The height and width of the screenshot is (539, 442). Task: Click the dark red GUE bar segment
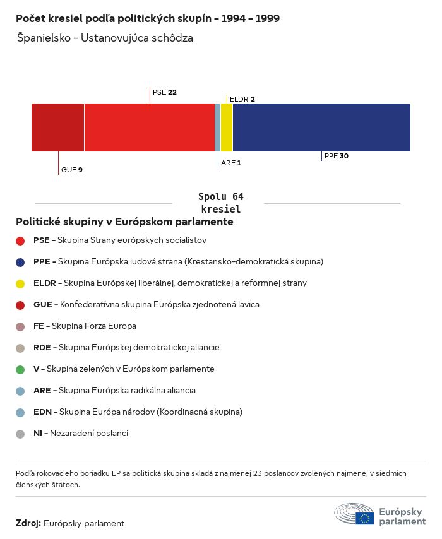coord(57,127)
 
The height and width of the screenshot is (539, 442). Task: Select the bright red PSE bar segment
coord(149,127)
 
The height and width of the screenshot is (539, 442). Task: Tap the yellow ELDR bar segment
coord(227,127)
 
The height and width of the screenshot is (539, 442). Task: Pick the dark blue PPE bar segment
coord(321,127)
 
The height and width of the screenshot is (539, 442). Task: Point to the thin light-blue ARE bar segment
coord(218,127)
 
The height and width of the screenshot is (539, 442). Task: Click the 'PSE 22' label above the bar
coord(164,92)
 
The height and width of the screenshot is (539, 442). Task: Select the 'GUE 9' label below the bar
coord(71,170)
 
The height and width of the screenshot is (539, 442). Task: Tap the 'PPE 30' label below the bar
coord(336,156)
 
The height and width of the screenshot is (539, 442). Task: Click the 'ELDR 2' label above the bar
coord(242,99)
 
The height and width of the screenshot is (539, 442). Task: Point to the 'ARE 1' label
coord(230,163)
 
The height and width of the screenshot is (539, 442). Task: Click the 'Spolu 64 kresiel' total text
coord(220,203)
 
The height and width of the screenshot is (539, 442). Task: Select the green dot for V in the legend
coord(20,369)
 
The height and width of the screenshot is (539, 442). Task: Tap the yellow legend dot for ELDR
coord(20,283)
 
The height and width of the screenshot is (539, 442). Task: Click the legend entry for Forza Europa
coord(85,326)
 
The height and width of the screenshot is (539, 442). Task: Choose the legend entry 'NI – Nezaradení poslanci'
coord(80,434)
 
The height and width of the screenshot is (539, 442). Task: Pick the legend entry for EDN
coord(138,412)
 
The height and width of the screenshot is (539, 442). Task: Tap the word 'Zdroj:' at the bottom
coord(28,523)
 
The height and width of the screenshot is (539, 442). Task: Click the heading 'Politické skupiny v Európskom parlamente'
coord(124,222)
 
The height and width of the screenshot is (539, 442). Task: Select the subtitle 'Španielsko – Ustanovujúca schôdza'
coord(105,38)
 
